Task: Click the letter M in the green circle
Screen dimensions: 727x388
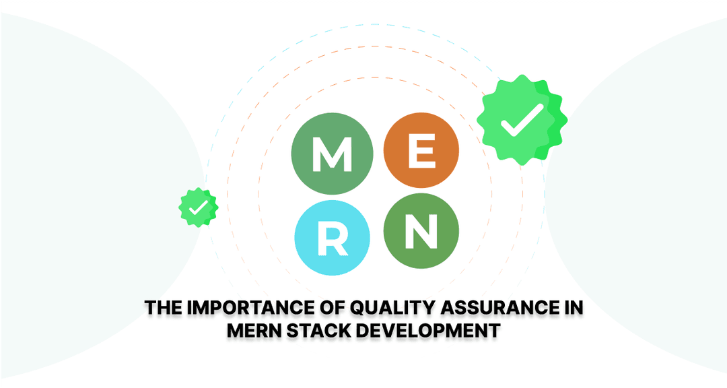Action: (x=333, y=155)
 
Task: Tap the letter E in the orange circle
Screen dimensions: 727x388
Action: (x=422, y=152)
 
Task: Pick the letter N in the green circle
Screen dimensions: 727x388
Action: (x=421, y=230)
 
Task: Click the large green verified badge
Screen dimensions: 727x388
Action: (x=522, y=120)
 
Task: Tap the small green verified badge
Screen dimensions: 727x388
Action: (x=199, y=207)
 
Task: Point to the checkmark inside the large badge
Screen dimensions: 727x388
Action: (x=521, y=120)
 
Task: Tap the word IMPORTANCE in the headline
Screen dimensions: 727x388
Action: (x=250, y=308)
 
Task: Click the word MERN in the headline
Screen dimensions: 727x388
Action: (x=254, y=331)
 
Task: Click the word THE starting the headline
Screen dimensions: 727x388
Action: (x=163, y=308)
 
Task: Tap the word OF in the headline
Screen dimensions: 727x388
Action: (x=332, y=308)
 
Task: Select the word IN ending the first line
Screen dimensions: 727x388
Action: (x=574, y=308)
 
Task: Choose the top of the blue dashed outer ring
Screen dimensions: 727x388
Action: (x=376, y=25)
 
